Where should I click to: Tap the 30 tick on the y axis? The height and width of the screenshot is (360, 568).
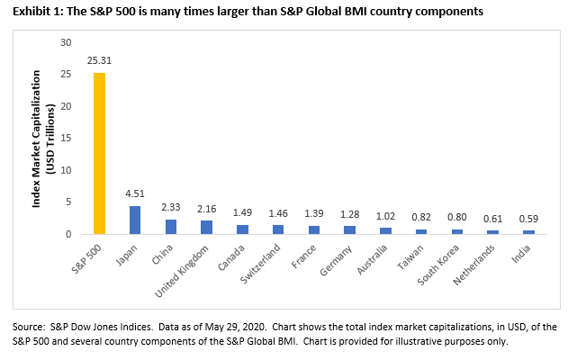65,43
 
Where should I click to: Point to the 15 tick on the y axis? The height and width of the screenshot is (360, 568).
65,139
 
